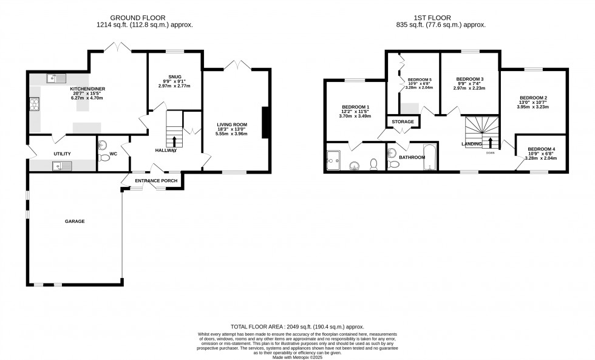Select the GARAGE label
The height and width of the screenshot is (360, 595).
tap(75, 222)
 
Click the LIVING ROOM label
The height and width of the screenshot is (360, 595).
tap(233, 124)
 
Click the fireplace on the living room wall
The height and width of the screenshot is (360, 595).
tap(264, 123)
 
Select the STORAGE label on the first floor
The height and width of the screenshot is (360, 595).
tap(403, 122)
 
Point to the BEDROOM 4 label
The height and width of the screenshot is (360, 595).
tap(542, 149)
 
